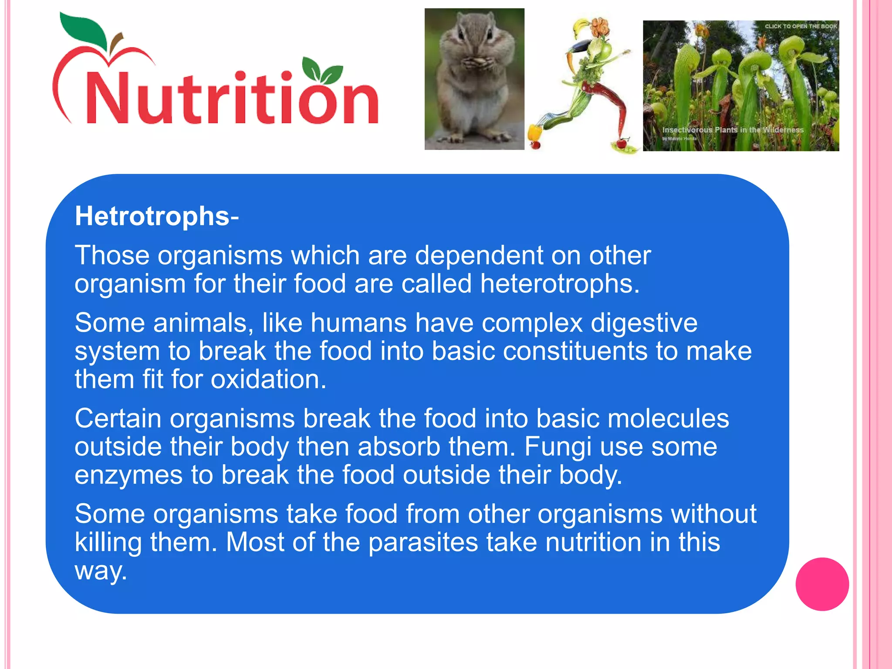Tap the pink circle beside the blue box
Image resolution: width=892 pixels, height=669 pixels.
[x=822, y=584]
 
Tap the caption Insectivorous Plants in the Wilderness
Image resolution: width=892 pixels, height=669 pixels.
[x=733, y=130]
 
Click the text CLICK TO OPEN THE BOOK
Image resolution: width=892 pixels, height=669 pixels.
[x=801, y=26]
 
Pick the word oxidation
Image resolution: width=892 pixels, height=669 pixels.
[x=268, y=379]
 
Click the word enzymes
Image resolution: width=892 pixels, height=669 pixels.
[x=128, y=475]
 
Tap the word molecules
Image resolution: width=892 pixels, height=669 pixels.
[x=668, y=419]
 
